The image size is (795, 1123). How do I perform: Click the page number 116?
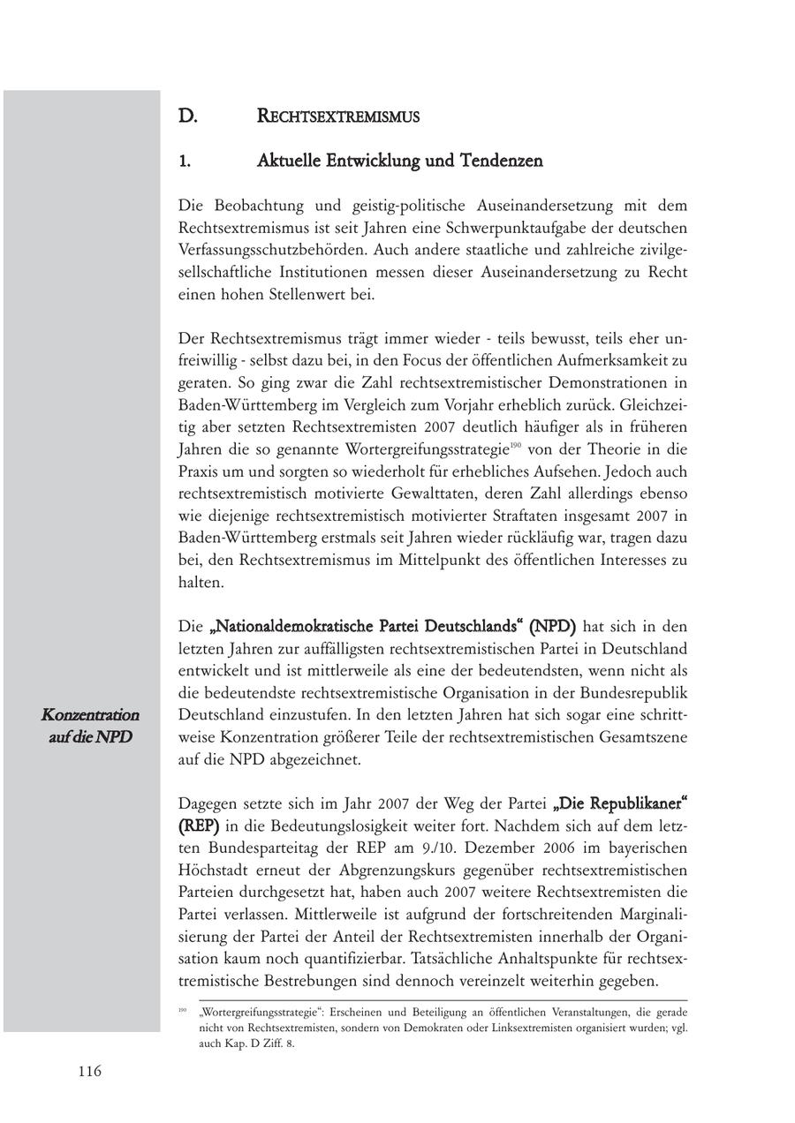click(x=89, y=1071)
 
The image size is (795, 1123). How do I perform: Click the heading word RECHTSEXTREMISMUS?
click(x=337, y=116)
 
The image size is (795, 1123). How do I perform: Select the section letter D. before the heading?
click(x=186, y=116)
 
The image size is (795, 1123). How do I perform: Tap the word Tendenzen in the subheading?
click(x=502, y=161)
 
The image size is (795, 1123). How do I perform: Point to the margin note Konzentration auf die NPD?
click(x=89, y=725)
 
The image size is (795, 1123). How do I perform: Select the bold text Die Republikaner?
click(x=620, y=803)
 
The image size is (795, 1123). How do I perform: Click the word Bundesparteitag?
click(x=238, y=848)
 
